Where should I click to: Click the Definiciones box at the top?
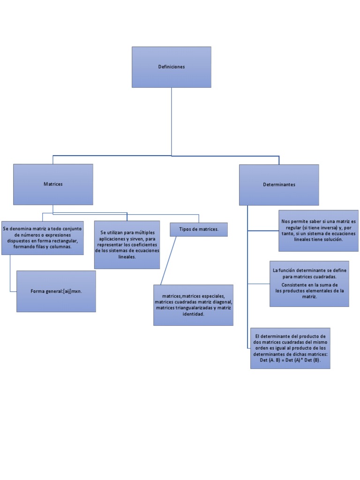pos(171,67)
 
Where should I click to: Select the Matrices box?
pos(53,184)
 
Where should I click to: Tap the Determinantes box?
pos(279,185)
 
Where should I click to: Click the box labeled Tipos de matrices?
pos(198,229)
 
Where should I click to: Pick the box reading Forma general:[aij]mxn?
pos(56,291)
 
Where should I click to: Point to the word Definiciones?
pos(172,67)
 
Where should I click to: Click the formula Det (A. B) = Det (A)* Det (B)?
pos(290,360)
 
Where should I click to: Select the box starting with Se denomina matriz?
pos(43,238)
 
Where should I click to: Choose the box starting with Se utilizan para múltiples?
pos(127,245)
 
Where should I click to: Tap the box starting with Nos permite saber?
pos(318,230)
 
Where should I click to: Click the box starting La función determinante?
pos(309,284)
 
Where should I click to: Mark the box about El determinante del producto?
pos(290,348)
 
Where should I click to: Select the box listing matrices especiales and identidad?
pos(193,305)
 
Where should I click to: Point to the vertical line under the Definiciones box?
pos(172,122)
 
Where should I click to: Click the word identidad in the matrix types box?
pos(193,315)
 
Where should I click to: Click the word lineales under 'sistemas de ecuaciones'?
pos(127,257)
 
